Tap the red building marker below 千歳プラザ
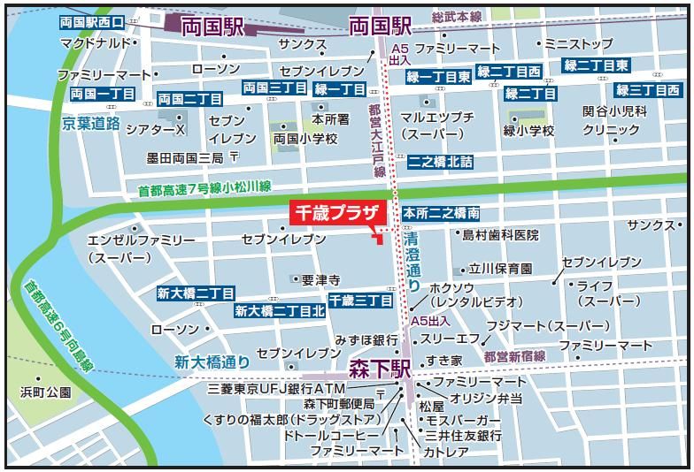click(x=378, y=235)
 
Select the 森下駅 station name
click(x=378, y=366)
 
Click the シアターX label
click(x=156, y=129)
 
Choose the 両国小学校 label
click(x=305, y=139)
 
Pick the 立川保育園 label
click(x=500, y=268)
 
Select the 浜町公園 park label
click(x=46, y=392)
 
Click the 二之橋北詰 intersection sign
click(x=440, y=162)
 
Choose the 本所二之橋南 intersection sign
click(x=442, y=214)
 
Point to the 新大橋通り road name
click(x=212, y=361)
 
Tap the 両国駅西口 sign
click(x=97, y=20)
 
